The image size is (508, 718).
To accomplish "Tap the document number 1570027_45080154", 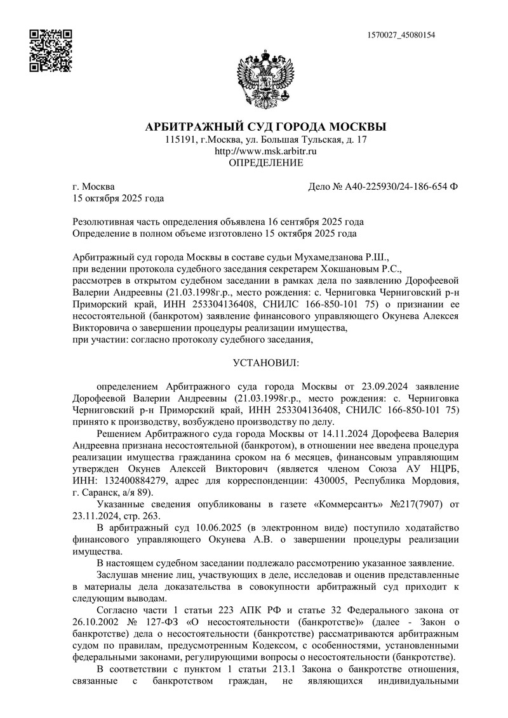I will pos(401,35).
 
